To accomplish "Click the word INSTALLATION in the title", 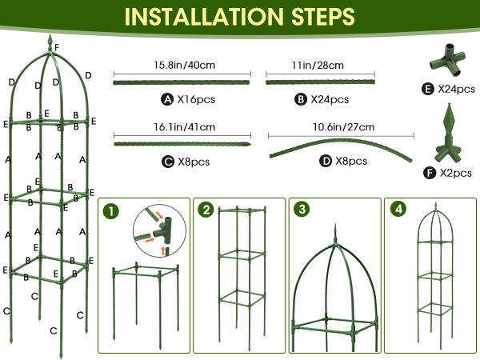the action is click(x=203, y=16).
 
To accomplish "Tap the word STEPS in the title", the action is click(x=323, y=16).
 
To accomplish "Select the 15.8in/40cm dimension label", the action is click(x=184, y=65).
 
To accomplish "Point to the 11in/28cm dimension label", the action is click(x=318, y=65).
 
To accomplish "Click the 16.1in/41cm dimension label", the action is click(x=184, y=126).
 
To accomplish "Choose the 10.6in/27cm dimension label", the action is click(x=343, y=126).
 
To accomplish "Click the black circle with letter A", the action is click(x=167, y=99).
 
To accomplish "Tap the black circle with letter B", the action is click(x=300, y=99).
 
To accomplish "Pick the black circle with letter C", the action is click(x=168, y=162).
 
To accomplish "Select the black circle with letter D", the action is click(x=326, y=161).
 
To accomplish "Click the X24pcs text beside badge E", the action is click(x=456, y=89).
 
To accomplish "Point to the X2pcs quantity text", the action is click(x=456, y=173).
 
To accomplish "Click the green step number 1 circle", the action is click(x=111, y=211).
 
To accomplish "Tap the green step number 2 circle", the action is click(x=206, y=210).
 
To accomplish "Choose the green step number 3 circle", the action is click(x=302, y=209).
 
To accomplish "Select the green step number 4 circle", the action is click(x=398, y=209).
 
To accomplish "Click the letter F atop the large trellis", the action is click(x=57, y=47).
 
